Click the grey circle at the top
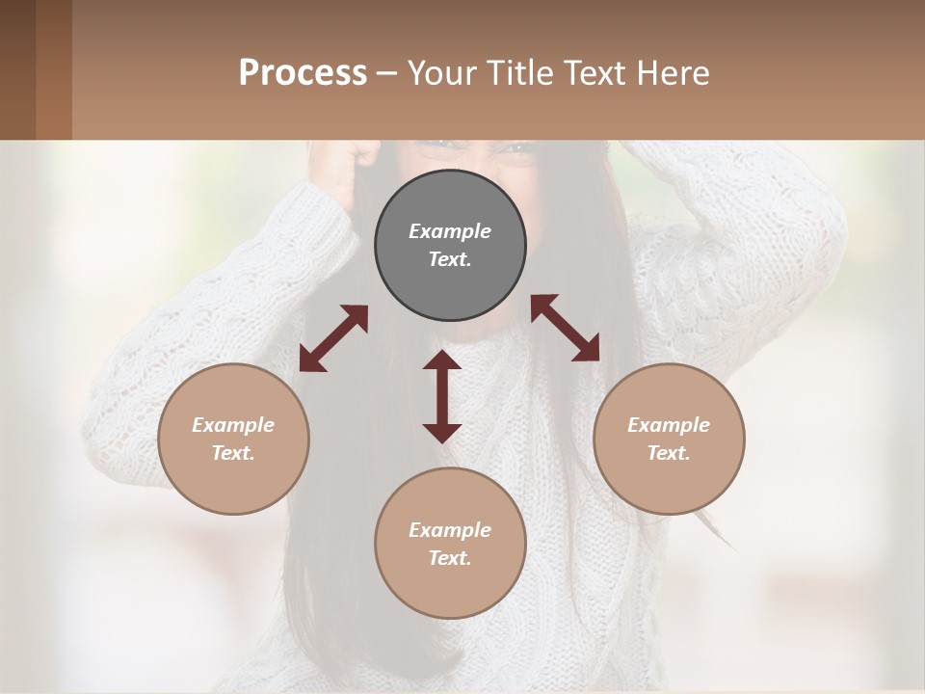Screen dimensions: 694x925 [x=450, y=246]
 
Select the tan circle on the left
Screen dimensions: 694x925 [x=233, y=439]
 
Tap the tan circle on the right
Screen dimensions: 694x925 [x=669, y=439]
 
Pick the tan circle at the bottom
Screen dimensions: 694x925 [x=450, y=543]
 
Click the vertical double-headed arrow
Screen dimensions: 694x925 [x=442, y=396]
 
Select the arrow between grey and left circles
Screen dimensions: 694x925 [x=333, y=338]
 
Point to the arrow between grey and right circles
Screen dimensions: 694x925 [x=566, y=328]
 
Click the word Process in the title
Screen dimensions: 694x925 [x=303, y=72]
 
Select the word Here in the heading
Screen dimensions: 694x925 [x=674, y=72]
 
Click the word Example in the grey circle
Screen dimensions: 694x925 [x=450, y=231]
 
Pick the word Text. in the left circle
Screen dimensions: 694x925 [x=233, y=453]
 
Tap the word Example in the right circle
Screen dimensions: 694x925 [x=669, y=424]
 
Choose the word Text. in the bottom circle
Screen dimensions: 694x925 [x=450, y=558]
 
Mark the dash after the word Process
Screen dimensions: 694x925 [x=386, y=73]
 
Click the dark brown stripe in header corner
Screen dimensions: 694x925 [x=17, y=69]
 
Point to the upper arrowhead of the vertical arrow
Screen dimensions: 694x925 [x=442, y=361]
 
